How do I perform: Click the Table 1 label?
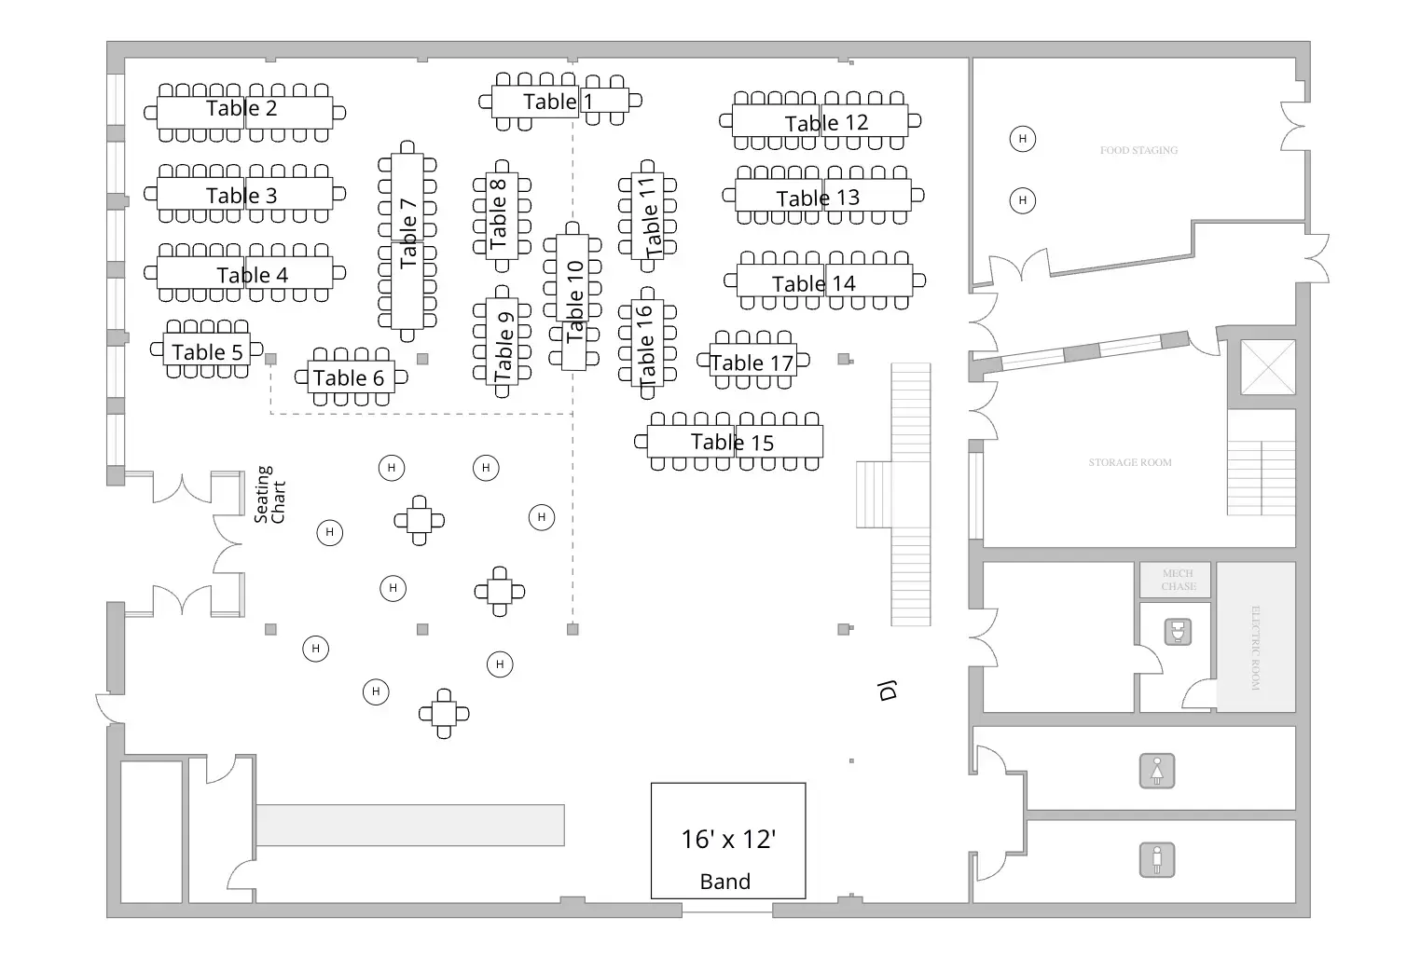click(x=558, y=102)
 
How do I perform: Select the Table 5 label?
click(x=207, y=352)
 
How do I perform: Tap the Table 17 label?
click(x=752, y=363)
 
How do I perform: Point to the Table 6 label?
click(x=349, y=378)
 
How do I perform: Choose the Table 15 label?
click(x=732, y=443)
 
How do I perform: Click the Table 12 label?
click(x=826, y=123)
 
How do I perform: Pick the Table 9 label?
click(x=504, y=345)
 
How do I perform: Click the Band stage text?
click(x=724, y=882)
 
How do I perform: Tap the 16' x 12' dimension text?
click(x=728, y=840)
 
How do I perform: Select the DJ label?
click(x=888, y=691)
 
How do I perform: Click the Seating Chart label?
click(x=270, y=495)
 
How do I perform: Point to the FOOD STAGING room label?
click(x=1138, y=150)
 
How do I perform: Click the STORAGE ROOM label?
click(x=1130, y=462)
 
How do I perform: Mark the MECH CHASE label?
click(x=1178, y=580)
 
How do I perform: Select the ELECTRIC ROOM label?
click(x=1255, y=648)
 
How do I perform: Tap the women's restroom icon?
click(x=1157, y=772)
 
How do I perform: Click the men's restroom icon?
click(x=1157, y=859)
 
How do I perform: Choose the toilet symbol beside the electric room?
click(x=1179, y=633)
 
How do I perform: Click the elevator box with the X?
click(x=1268, y=367)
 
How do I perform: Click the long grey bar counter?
click(x=410, y=825)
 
